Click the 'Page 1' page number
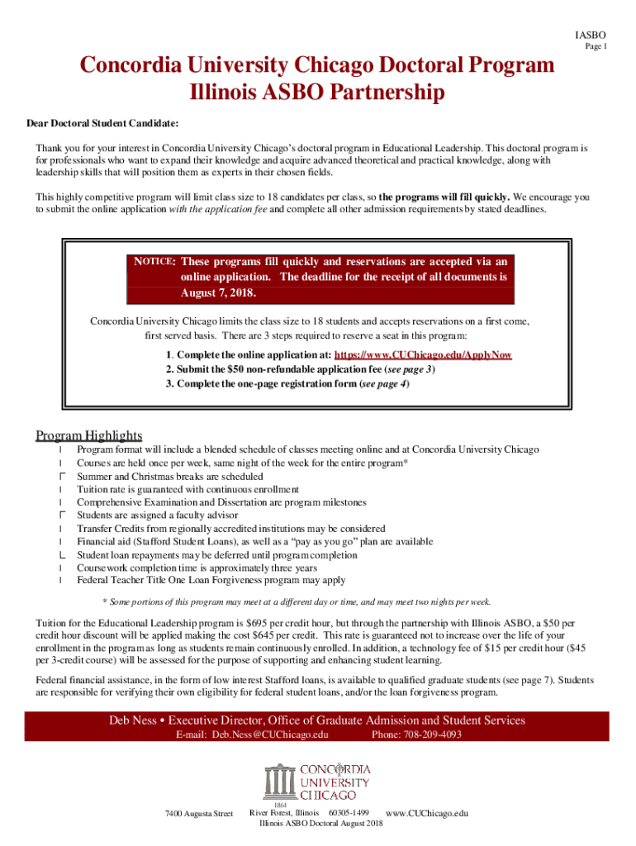coord(596,47)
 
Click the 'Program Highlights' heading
coord(89,435)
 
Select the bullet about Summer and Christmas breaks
coord(170,477)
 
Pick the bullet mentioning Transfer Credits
coord(230,529)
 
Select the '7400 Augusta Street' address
coord(199,814)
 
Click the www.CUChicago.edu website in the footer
coord(427,814)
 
